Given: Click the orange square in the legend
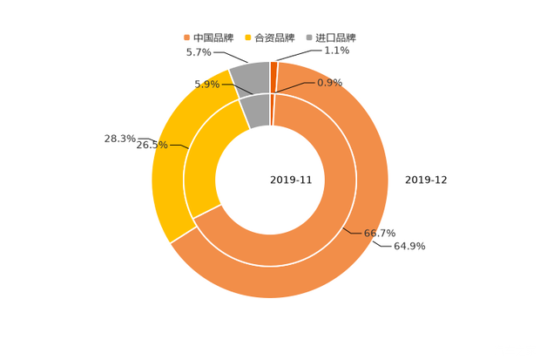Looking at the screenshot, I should pos(186,37).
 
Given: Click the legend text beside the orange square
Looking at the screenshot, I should pos(213,37).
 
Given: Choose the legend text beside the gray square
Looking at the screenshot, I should pos(334,37).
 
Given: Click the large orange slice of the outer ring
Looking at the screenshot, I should pos(348,262).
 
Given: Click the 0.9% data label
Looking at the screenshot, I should pos(329,83).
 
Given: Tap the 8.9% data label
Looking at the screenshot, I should pos(206,84).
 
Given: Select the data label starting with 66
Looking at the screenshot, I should pos(380,233).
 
